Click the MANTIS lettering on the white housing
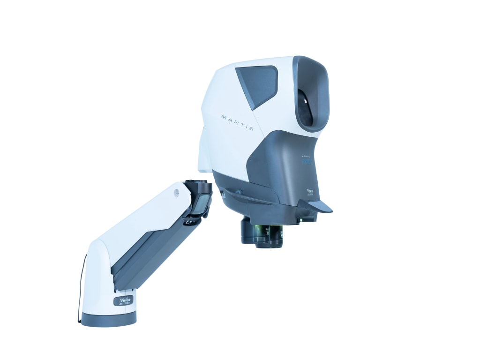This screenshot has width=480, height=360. coord(238,121)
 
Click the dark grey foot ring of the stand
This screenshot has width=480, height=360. coord(109,319)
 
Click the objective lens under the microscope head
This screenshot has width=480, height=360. coord(262,234)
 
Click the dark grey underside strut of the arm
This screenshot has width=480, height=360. coord(150,253)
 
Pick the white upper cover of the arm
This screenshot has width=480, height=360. coord(141,220)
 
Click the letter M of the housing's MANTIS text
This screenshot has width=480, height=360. coord(224,115)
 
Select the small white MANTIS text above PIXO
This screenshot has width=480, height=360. coord(305,155)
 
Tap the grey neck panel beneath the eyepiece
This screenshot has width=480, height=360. coord(281,164)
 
